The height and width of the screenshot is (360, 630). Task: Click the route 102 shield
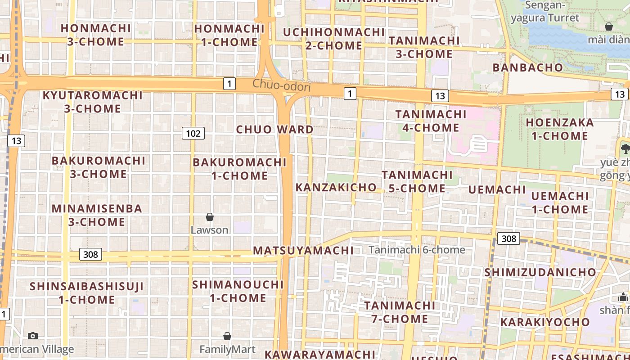[x=193, y=133]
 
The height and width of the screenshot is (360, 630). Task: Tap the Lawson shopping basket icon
[x=210, y=217]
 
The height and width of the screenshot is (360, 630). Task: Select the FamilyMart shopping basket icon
[x=227, y=336]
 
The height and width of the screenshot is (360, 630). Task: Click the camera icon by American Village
[x=33, y=336]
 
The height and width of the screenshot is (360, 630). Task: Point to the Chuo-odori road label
[x=281, y=85]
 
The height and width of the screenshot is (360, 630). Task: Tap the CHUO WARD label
[x=274, y=130]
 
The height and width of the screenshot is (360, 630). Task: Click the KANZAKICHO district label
[x=336, y=187]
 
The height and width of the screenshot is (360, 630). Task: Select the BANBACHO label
[x=528, y=67]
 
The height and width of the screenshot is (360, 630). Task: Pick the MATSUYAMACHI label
[x=303, y=251]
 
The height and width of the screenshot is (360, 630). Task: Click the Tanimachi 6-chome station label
[x=417, y=250]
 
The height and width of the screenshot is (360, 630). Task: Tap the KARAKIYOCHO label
[x=545, y=322]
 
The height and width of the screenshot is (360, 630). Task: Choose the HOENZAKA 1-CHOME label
[x=559, y=129]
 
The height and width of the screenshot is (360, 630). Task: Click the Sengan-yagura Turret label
[x=545, y=12]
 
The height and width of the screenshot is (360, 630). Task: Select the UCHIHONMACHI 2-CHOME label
[x=333, y=39]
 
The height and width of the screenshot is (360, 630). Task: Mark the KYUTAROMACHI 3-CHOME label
[x=92, y=102]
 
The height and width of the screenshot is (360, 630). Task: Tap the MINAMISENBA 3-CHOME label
[x=97, y=215]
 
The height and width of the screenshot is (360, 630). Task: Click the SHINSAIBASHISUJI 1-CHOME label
[x=87, y=293]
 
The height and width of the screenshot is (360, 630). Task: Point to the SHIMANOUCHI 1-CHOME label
[x=238, y=291]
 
